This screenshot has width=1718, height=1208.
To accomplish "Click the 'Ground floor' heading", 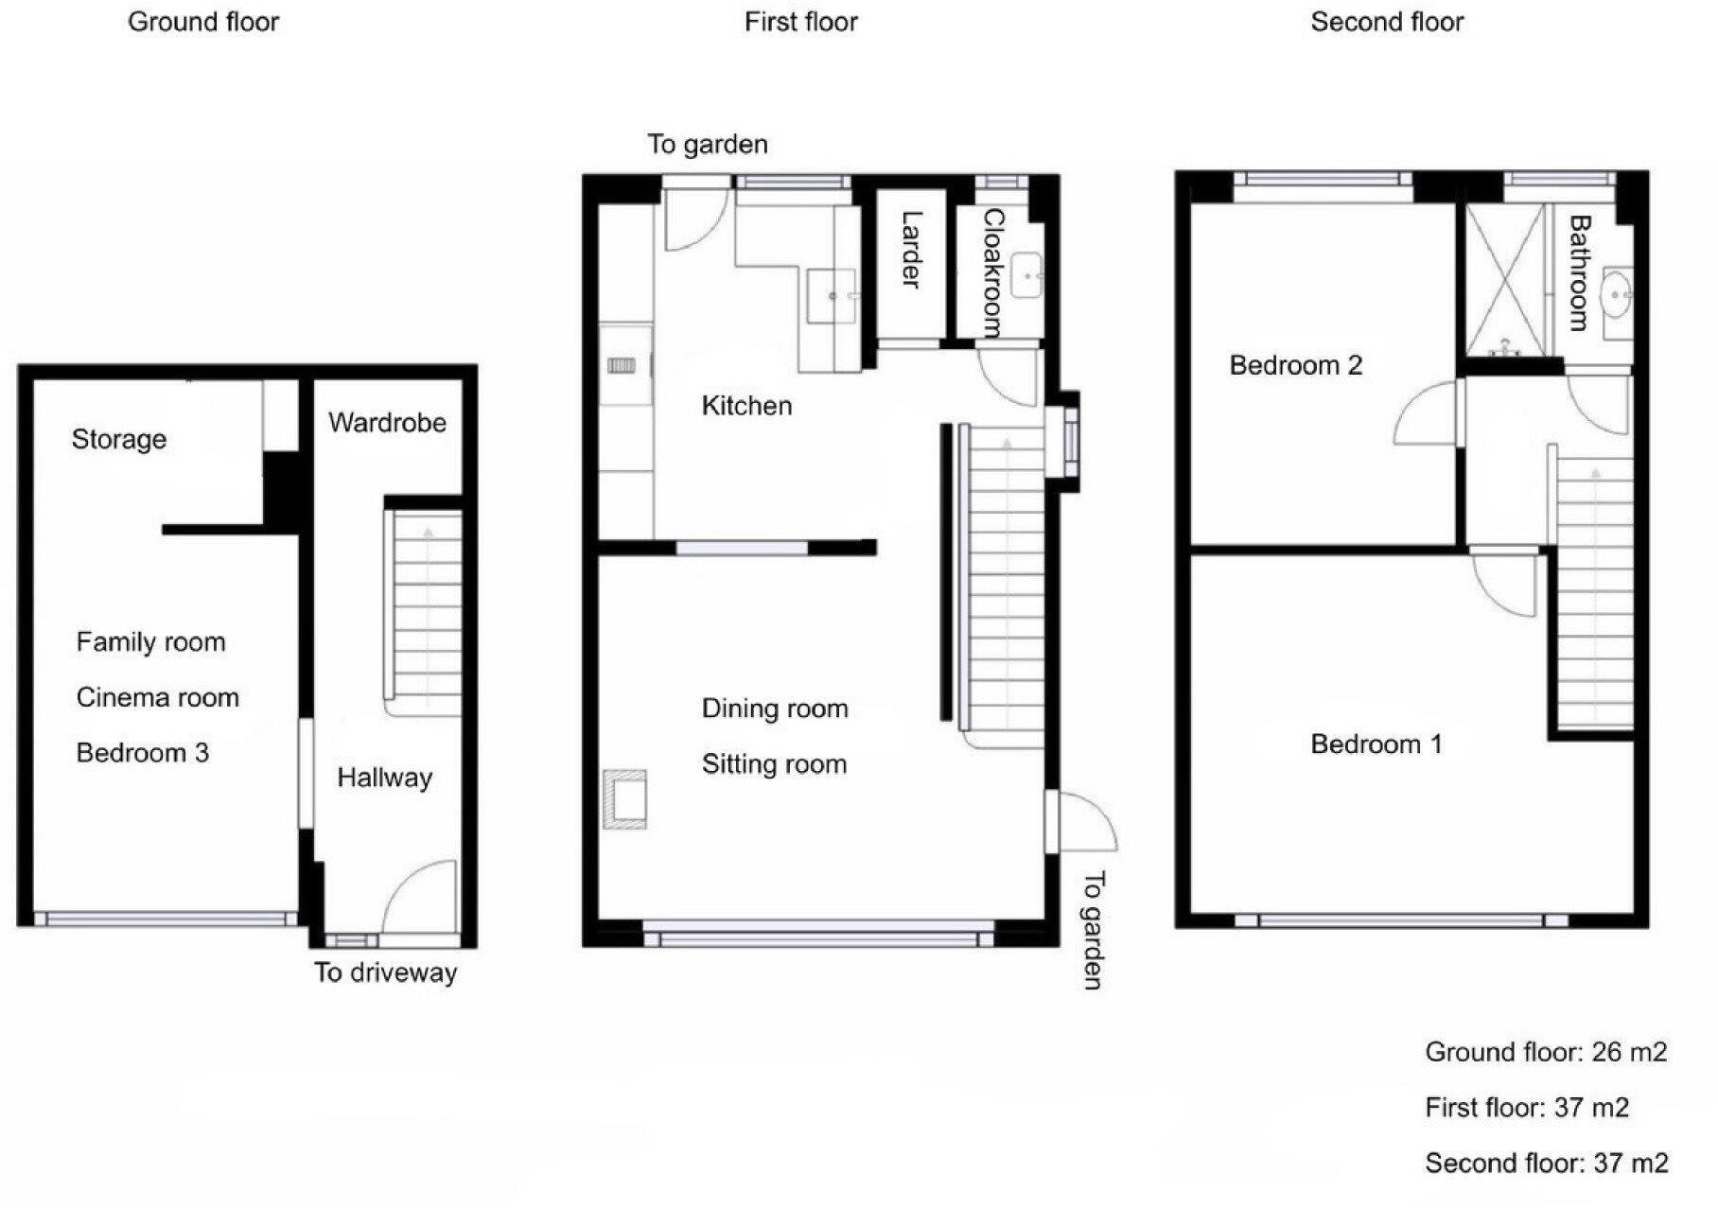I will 203,22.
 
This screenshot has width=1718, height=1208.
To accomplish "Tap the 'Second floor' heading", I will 1386,22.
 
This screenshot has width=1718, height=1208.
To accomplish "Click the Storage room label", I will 119,439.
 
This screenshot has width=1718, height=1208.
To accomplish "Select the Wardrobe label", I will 387,422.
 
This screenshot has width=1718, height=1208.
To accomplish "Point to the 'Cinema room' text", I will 157,698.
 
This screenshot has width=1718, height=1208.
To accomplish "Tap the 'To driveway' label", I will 385,972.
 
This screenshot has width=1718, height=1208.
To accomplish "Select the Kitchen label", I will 746,406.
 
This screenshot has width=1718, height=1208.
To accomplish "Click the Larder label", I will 910,250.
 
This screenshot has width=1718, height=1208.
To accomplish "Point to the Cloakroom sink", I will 1026,275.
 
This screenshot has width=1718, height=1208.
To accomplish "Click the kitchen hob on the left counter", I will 622,365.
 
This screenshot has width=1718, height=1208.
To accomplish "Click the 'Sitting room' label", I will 774,764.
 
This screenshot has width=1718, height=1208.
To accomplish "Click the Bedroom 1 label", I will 1376,744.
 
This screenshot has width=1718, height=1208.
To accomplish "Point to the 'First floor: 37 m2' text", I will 1526,1108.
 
